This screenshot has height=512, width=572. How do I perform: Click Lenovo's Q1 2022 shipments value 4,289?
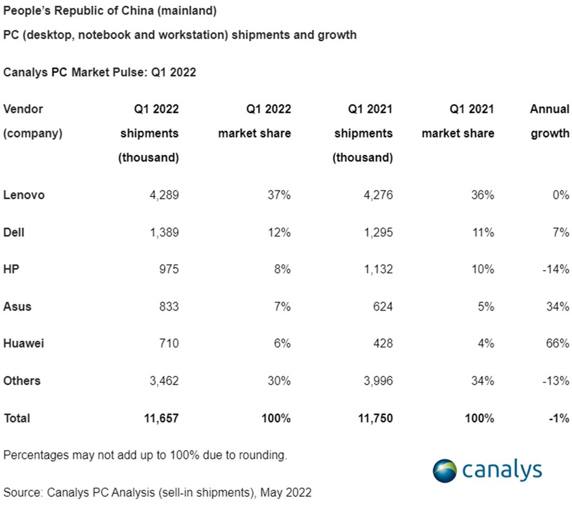164,195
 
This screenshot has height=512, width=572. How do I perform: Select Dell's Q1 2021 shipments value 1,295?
378,232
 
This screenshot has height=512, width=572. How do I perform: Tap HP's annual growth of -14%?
556,269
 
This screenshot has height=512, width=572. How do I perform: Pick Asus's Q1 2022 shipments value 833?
169,306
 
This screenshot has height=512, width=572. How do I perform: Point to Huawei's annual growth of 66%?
557,343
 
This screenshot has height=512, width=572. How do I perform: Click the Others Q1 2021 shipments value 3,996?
378,381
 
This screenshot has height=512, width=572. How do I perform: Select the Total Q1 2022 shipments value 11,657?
161,418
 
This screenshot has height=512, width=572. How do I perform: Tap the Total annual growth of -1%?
559,418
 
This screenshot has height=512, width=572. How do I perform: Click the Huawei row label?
24,343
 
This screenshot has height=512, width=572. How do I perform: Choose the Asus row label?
17,306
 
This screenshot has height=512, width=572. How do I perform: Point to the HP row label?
11,269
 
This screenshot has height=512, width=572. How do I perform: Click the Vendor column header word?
23,109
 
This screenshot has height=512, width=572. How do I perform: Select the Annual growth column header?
550,121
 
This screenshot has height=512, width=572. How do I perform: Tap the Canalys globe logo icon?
445,471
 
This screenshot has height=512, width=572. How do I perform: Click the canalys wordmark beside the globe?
502,470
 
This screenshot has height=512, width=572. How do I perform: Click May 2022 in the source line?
285,492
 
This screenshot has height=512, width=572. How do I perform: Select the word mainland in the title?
187,11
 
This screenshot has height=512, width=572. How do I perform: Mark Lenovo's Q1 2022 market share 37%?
279,195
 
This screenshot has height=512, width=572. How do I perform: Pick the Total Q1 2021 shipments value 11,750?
376,418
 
